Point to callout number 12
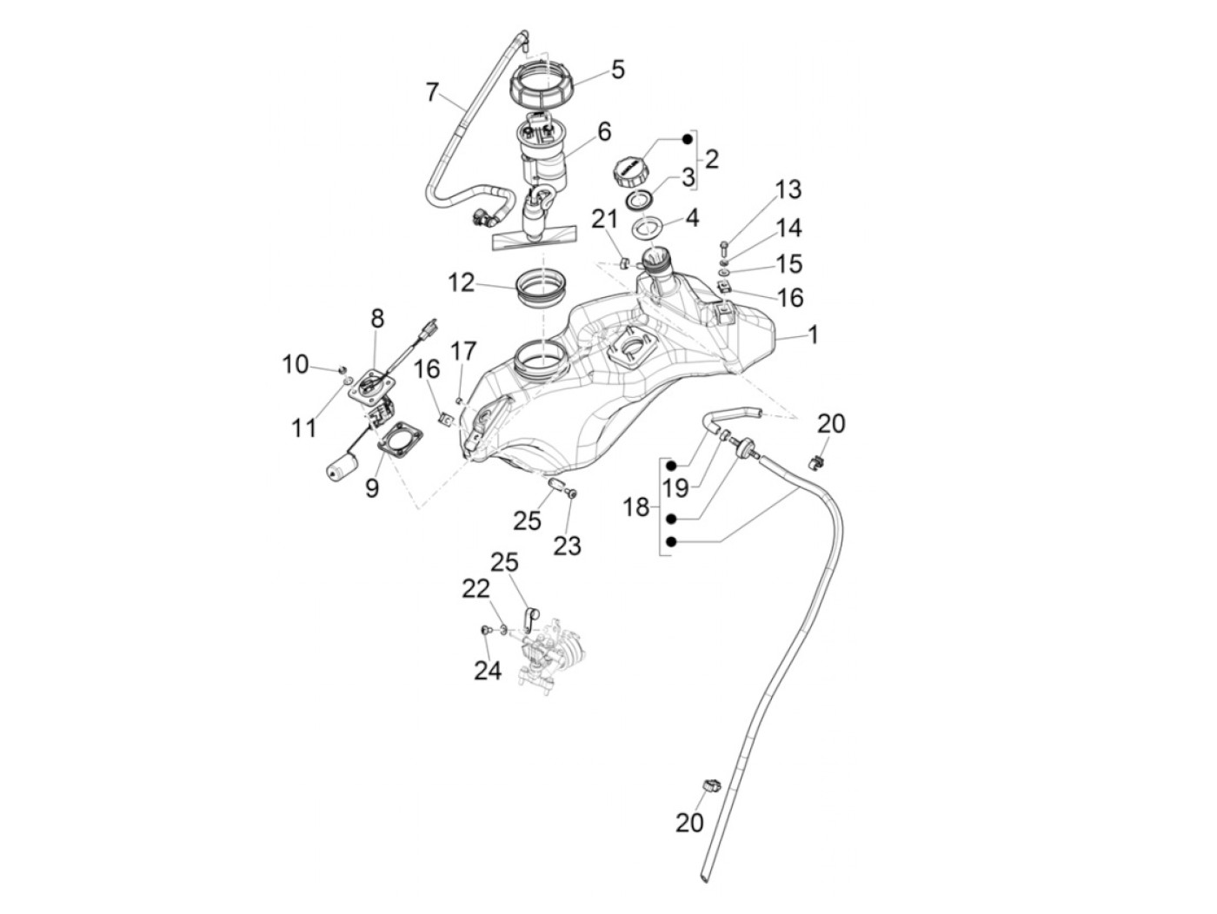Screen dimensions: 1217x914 (461, 283)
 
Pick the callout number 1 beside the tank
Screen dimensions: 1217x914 (813, 335)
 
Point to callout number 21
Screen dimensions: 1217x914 (604, 219)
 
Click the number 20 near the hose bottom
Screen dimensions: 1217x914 (689, 838)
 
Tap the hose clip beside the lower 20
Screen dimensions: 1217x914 (712, 785)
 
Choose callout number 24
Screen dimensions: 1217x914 (488, 671)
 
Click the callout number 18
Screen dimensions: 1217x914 (636, 507)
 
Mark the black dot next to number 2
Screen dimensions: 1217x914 (688, 140)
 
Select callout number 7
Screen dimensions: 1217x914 (432, 92)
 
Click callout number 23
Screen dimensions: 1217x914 (567, 546)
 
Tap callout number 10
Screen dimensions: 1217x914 (296, 365)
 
